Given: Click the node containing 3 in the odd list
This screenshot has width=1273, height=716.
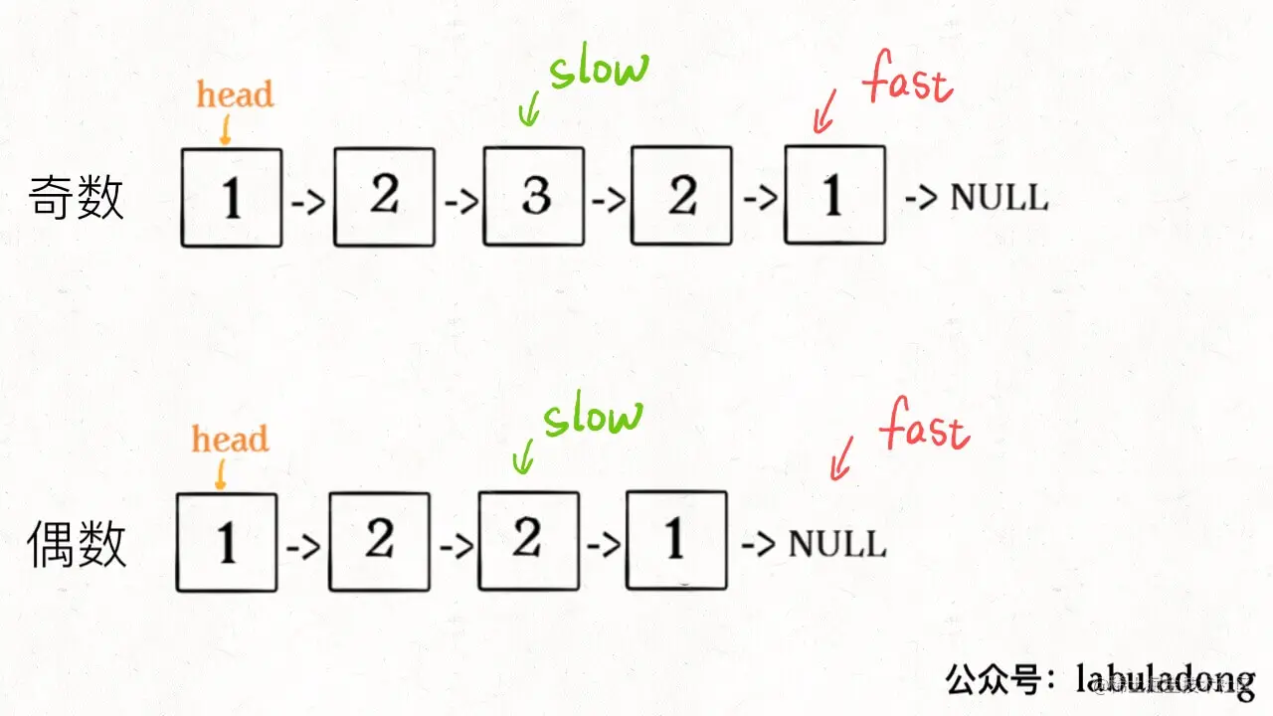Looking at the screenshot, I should pyautogui.click(x=533, y=197).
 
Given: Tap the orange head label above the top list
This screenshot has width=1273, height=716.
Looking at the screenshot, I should pyautogui.click(x=235, y=95).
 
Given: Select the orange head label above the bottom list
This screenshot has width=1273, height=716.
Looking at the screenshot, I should pyautogui.click(x=231, y=440).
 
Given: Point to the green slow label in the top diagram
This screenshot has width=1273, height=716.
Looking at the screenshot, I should pyautogui.click(x=599, y=71).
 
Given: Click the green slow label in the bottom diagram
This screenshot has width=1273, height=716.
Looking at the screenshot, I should pyautogui.click(x=593, y=417).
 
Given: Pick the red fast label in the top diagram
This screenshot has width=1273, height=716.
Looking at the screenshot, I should pyautogui.click(x=908, y=82).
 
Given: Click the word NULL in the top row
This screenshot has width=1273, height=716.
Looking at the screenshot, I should pyautogui.click(x=999, y=197).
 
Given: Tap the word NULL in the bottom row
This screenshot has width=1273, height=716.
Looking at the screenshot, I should pyautogui.click(x=836, y=544).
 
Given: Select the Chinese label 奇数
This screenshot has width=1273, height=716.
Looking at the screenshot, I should pyautogui.click(x=77, y=197).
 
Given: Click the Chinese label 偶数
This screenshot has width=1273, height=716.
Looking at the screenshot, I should pyautogui.click(x=77, y=544).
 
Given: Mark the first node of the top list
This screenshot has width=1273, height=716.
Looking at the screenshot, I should pyautogui.click(x=232, y=197).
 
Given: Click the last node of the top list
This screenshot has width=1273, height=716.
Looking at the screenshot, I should pyautogui.click(x=834, y=195).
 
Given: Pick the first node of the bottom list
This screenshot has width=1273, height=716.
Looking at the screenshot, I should pyautogui.click(x=227, y=542).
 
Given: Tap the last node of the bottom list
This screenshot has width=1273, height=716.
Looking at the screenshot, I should pyautogui.click(x=676, y=541).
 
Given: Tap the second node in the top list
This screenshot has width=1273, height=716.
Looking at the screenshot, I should pyautogui.click(x=384, y=197).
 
